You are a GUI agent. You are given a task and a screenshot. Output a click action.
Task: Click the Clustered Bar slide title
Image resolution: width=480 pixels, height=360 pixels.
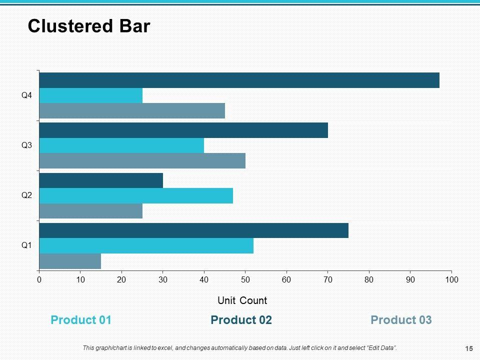tap(89, 26)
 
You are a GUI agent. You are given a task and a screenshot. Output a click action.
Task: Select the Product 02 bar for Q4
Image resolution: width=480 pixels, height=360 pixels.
tap(239, 80)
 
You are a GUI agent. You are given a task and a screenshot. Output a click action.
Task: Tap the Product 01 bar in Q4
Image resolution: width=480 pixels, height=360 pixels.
tap(90, 95)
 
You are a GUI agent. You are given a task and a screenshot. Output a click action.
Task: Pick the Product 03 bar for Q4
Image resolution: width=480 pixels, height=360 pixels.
tap(132, 110)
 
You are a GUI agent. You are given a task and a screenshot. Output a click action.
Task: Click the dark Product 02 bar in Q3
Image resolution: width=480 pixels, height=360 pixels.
tap(183, 130)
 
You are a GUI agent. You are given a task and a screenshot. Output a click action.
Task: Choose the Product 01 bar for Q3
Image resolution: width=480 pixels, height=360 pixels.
tap(121, 145)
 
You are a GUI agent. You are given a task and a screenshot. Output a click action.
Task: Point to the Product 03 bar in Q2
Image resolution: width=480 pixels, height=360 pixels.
tap(90, 211)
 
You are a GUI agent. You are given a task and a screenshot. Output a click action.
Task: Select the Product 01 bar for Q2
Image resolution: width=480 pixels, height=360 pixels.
tap(136, 195)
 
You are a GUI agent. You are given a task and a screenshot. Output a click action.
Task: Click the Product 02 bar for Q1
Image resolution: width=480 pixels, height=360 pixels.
tap(193, 230)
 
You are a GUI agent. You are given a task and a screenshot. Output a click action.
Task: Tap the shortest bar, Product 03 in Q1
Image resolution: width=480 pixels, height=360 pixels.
tap(70, 261)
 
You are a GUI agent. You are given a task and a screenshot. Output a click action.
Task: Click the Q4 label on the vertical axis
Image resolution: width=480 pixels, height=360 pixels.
tap(26, 95)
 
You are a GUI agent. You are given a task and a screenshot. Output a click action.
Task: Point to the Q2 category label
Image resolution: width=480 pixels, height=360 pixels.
tap(26, 195)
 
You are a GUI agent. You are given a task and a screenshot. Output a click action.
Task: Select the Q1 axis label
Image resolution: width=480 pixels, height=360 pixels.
tap(26, 245)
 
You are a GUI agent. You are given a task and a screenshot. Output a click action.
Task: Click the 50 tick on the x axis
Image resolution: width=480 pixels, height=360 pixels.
tap(245, 279)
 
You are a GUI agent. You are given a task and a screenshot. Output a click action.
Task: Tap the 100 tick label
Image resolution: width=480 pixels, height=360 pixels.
tap(451, 279)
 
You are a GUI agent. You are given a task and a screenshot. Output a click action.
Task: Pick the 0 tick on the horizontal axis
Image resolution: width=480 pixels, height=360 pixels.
tap(39, 279)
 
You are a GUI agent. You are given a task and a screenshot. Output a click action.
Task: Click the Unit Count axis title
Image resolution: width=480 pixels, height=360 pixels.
tap(242, 300)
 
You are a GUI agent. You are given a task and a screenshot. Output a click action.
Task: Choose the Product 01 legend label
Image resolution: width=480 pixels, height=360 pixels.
tap(81, 320)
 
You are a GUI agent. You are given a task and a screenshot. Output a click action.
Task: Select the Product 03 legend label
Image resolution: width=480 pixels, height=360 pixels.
tap(401, 320)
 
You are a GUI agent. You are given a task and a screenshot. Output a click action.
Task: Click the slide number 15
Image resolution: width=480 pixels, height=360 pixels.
tap(469, 348)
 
